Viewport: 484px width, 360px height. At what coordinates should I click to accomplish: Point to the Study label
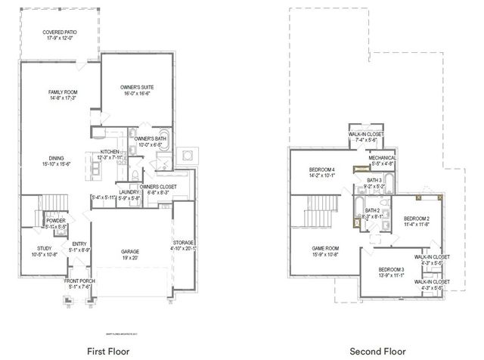45,251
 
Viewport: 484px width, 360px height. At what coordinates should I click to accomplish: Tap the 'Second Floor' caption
374,351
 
